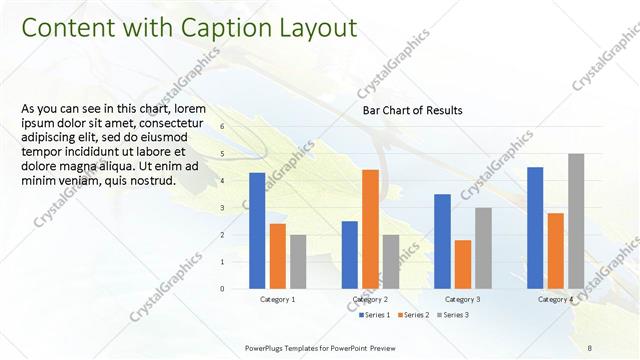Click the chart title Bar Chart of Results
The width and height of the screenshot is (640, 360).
click(412, 110)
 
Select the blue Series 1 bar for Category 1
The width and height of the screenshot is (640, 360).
click(257, 230)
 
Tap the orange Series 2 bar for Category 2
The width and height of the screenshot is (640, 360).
click(370, 229)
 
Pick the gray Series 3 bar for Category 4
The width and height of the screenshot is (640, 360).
click(576, 221)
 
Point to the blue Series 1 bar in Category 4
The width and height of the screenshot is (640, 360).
click(535, 227)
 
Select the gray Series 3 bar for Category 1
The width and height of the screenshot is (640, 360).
click(298, 261)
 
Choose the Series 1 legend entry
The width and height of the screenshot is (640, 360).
click(374, 315)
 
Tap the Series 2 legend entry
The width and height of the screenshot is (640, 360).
click(413, 315)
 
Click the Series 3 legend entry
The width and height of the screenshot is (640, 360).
click(451, 315)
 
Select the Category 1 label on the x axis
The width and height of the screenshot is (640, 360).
click(277, 300)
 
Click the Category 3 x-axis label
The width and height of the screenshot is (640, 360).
click(462, 300)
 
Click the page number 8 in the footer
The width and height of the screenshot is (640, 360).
click(590, 347)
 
